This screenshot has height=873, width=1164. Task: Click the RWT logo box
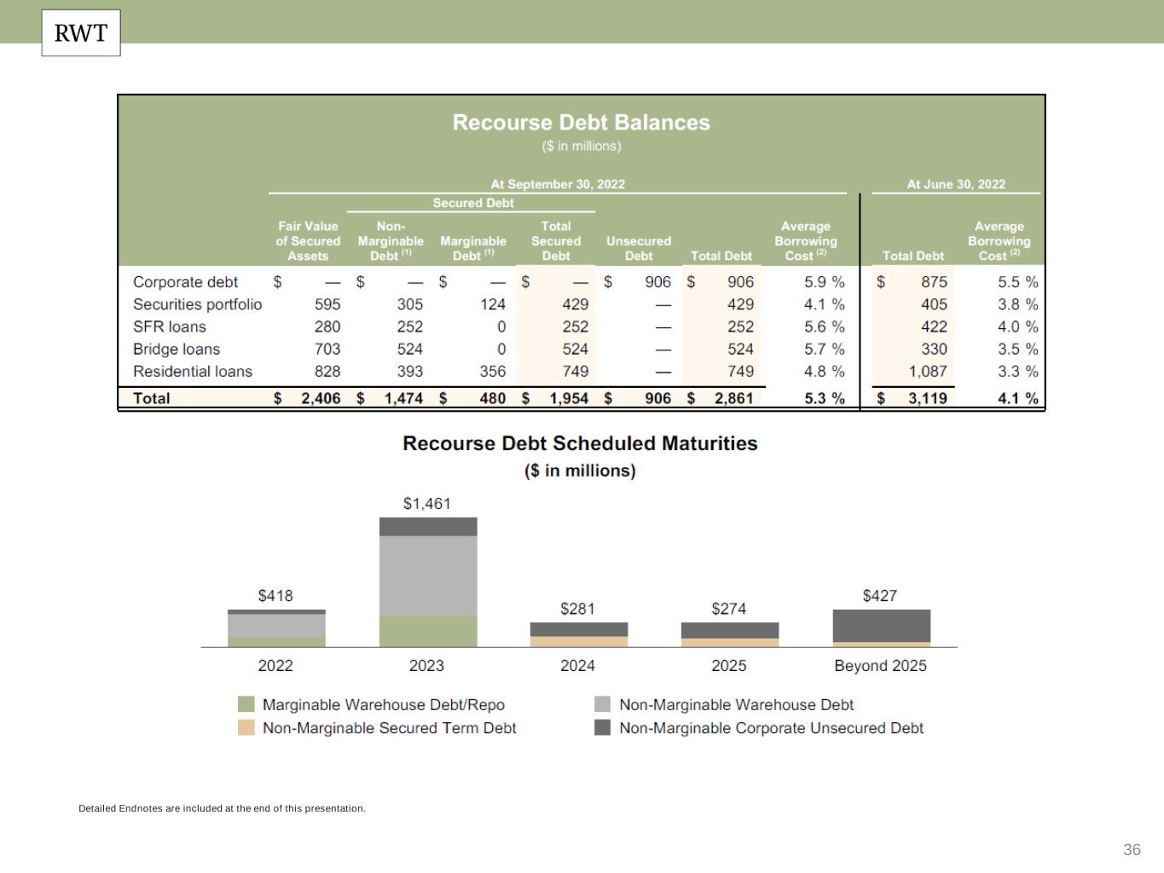click(81, 33)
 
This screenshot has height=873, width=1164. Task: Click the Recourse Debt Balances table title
click(581, 123)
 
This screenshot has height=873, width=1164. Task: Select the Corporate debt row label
click(185, 282)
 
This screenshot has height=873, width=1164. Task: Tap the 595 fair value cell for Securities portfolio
click(327, 304)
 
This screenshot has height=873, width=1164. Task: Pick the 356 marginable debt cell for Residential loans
click(492, 372)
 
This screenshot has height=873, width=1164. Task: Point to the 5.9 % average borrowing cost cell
click(824, 282)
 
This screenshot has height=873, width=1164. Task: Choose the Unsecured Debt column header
click(638, 248)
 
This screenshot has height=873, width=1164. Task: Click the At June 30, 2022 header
click(955, 184)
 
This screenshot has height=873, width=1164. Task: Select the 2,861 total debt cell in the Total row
click(733, 398)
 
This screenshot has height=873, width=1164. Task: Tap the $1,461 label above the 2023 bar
click(426, 504)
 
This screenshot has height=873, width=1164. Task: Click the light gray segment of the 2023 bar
click(428, 575)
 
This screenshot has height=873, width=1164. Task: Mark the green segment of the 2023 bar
click(428, 631)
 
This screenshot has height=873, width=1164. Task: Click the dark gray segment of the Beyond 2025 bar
click(881, 626)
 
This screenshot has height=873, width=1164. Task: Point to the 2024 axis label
click(577, 666)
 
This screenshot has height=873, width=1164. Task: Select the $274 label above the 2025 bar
click(728, 609)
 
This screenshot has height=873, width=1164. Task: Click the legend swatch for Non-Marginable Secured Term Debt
click(246, 728)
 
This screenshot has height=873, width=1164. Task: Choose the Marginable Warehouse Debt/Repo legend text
click(383, 705)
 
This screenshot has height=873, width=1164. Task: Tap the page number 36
click(1132, 850)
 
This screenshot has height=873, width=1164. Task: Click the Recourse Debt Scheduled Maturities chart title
click(580, 443)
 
